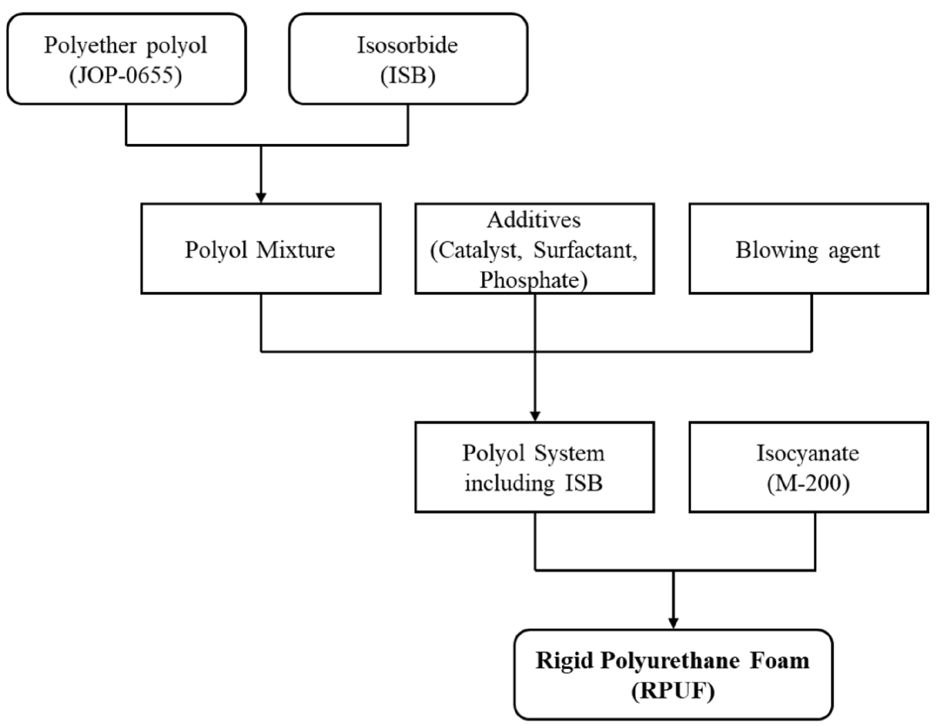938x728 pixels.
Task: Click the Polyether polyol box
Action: click(x=126, y=59)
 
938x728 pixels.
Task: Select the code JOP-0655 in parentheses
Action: click(x=126, y=75)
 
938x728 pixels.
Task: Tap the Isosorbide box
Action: click(x=408, y=59)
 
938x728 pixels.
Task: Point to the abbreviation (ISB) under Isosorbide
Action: click(x=408, y=75)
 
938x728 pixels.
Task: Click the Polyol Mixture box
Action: click(x=261, y=249)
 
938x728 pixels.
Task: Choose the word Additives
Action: click(x=534, y=220)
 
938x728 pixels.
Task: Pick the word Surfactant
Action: click(x=585, y=250)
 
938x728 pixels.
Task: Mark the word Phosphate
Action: click(x=529, y=279)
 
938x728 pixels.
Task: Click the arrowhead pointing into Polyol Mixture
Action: click(x=261, y=198)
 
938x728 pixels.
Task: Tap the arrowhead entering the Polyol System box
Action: click(x=535, y=416)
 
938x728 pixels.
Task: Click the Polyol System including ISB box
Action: click(x=534, y=467)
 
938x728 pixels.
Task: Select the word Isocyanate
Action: click(x=807, y=453)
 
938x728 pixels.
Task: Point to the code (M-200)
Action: click(x=807, y=483)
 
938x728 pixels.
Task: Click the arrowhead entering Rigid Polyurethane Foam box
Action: click(x=673, y=623)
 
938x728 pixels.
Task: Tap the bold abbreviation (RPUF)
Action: click(x=673, y=691)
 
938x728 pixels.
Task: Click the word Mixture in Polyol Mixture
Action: click(x=296, y=250)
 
